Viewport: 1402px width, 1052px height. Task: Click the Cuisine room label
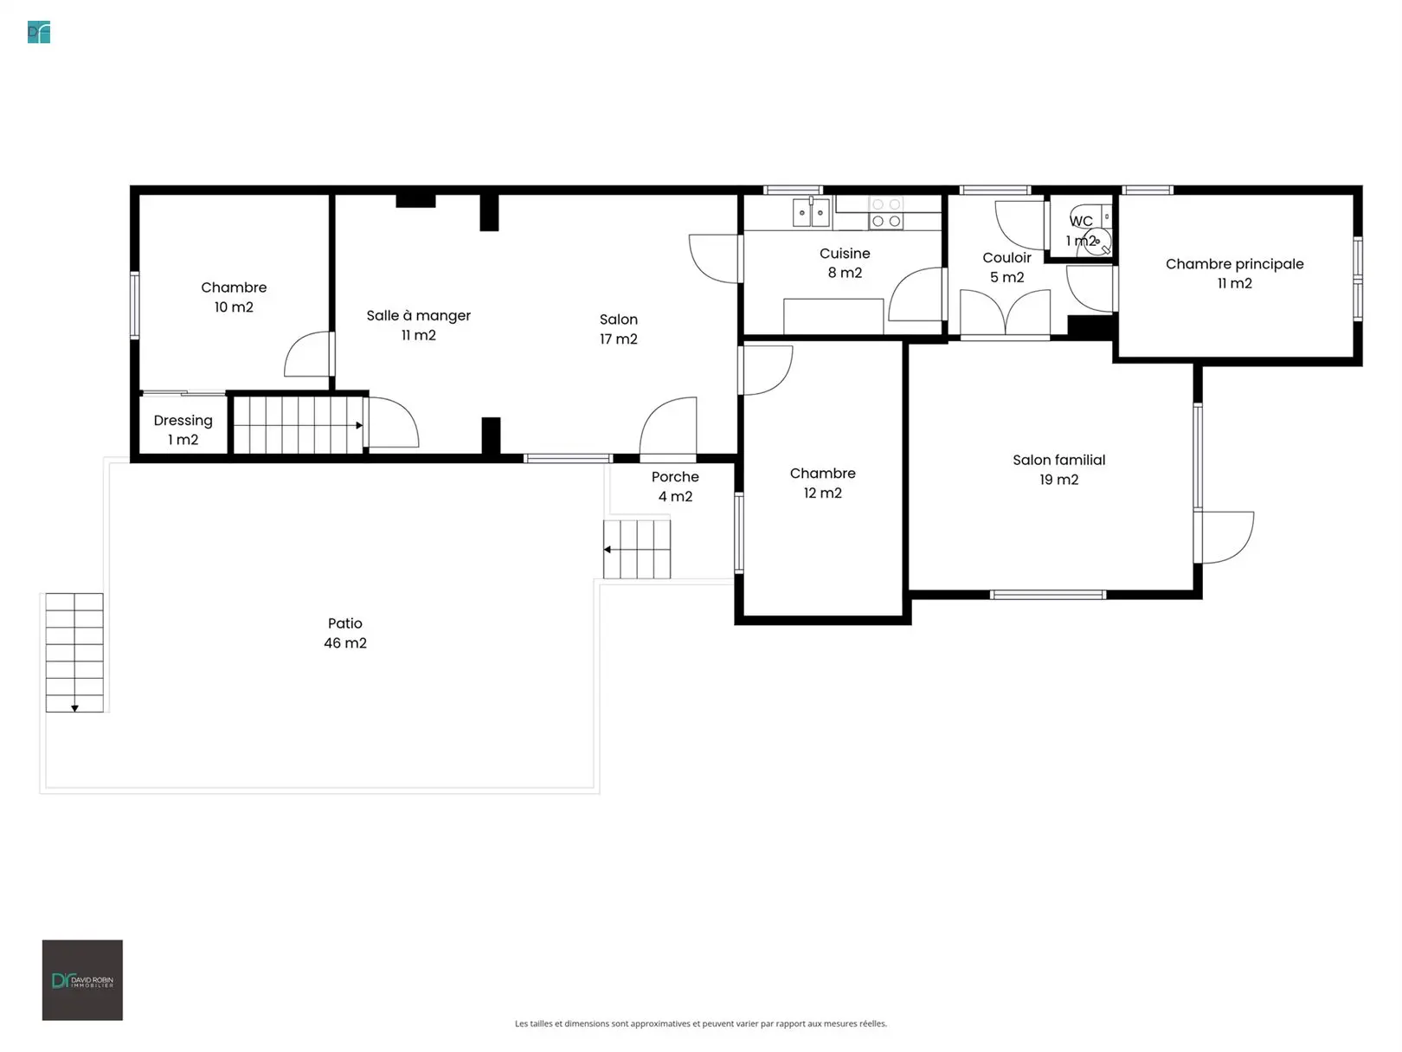845,262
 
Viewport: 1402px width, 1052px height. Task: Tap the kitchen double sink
811,212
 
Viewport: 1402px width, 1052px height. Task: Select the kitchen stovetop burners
886,213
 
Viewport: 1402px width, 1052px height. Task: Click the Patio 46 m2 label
345,633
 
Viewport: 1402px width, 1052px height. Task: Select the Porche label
675,476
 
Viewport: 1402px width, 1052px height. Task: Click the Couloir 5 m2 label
1006,267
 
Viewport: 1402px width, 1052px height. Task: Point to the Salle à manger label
418,315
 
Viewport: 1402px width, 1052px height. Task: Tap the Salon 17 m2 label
618,329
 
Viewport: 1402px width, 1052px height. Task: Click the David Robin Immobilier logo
82,980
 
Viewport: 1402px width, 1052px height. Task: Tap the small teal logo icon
39,32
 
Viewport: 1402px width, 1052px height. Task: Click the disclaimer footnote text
701,1023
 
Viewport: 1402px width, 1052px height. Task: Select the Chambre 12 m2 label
823,483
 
